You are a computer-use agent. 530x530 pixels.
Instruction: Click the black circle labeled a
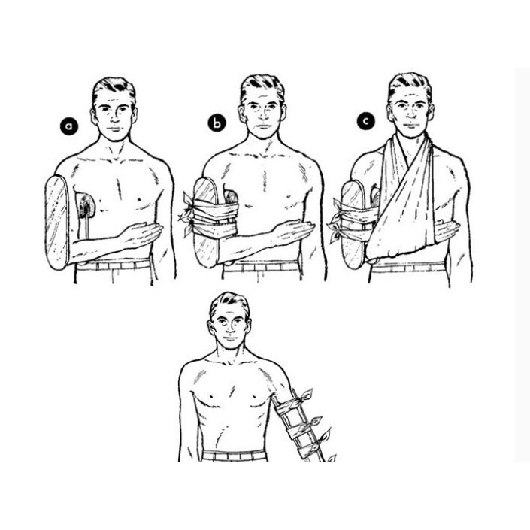click(69, 126)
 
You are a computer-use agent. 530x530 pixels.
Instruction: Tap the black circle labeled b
click(217, 123)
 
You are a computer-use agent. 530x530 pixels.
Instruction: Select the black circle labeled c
click(365, 121)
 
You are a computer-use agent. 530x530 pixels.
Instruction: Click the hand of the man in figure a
click(141, 235)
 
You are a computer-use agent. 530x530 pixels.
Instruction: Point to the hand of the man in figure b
click(293, 232)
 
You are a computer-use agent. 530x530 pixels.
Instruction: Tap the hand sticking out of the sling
click(447, 232)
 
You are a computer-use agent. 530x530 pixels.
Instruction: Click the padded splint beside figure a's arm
click(57, 223)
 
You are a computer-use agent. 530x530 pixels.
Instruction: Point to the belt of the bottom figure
click(235, 455)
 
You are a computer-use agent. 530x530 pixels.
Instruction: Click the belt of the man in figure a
click(114, 265)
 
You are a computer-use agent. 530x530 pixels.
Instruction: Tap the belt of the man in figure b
click(262, 267)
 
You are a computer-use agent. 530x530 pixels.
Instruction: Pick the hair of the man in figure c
click(410, 85)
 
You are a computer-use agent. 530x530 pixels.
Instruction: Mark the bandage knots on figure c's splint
click(335, 220)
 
